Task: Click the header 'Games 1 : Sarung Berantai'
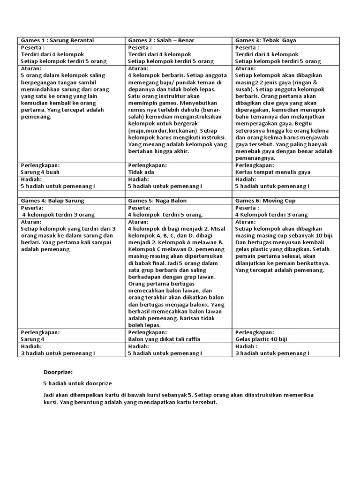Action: (x=57, y=40)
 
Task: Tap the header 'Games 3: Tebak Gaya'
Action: (x=265, y=40)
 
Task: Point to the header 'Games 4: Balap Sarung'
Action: (x=52, y=201)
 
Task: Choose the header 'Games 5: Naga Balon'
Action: (x=157, y=201)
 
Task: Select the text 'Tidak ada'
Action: (x=141, y=172)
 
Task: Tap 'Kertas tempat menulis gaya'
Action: (x=272, y=172)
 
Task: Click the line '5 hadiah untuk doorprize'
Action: (x=77, y=383)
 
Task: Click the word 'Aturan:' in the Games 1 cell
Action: (x=31, y=68)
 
